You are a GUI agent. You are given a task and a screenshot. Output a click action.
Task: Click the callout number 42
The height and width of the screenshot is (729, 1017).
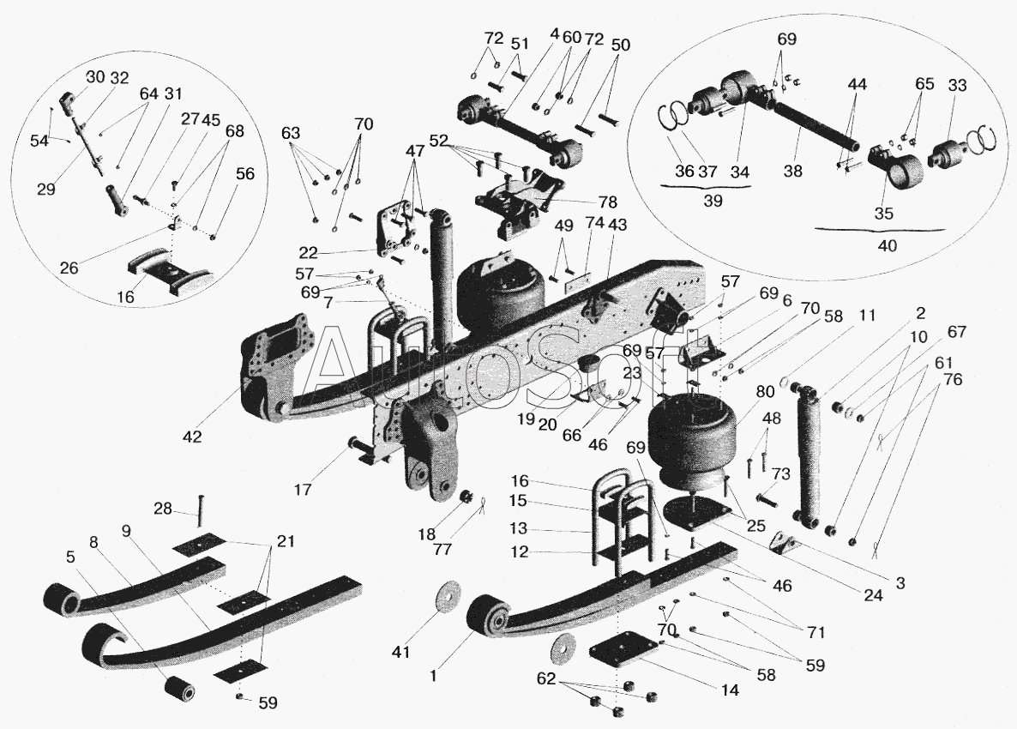[192, 437]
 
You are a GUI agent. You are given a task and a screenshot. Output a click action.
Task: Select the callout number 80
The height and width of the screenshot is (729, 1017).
[766, 392]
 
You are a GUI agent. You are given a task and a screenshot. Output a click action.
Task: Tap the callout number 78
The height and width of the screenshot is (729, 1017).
[608, 202]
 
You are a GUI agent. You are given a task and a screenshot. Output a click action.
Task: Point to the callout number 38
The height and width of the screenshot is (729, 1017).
[792, 172]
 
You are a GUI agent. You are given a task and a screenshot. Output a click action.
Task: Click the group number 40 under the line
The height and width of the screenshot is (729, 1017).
[888, 246]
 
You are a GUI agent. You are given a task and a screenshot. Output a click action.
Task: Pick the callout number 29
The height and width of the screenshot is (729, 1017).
[46, 190]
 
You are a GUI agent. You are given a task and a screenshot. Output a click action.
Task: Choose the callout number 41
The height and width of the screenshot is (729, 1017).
[400, 650]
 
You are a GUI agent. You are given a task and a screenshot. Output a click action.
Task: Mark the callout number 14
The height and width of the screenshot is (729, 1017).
[731, 690]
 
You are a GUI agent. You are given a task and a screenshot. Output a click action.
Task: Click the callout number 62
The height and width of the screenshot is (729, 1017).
[547, 678]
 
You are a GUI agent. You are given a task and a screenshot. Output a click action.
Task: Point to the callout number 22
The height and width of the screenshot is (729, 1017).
[310, 252]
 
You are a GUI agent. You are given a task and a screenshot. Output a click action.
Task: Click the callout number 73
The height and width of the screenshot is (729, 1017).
[781, 473]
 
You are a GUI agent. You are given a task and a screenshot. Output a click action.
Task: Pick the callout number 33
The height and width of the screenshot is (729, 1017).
[957, 85]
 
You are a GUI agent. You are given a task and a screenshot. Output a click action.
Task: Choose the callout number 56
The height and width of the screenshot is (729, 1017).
[245, 174]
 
